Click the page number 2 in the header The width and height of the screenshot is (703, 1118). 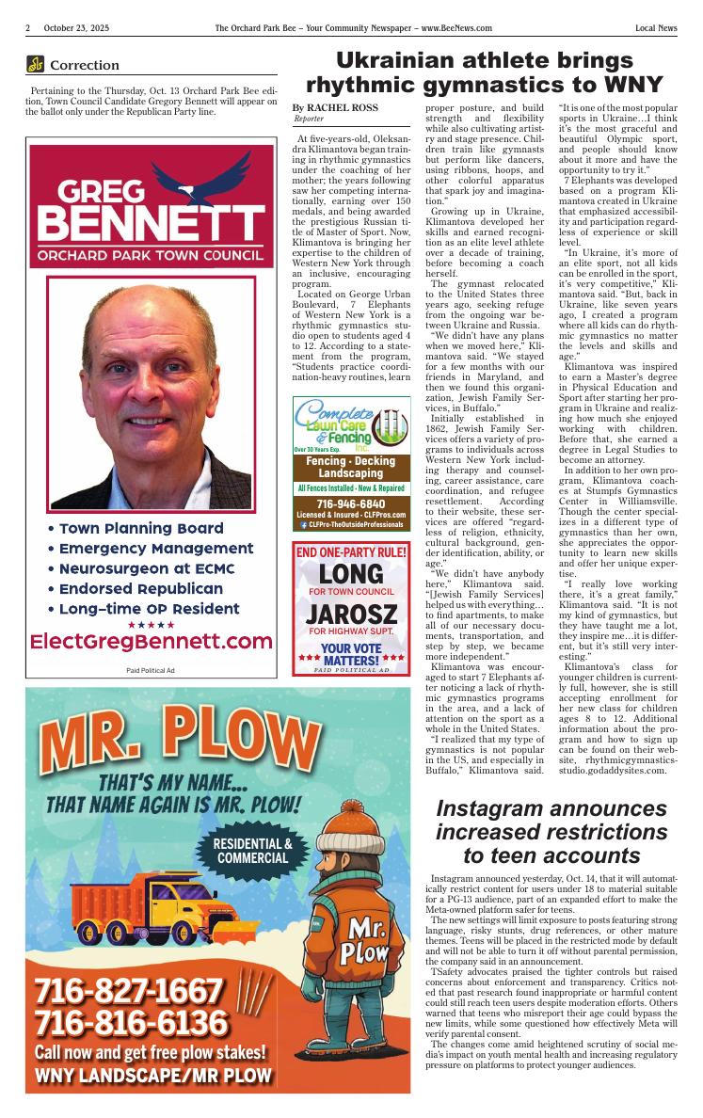pyautogui.click(x=28, y=29)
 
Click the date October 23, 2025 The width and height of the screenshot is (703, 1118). pyautogui.click(x=76, y=29)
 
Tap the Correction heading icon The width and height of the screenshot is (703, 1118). pyautogui.click(x=36, y=65)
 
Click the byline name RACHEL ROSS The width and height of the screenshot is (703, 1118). pyautogui.click(x=343, y=108)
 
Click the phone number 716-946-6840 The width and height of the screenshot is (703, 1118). pyautogui.click(x=351, y=503)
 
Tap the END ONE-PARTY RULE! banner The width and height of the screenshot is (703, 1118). pyautogui.click(x=351, y=552)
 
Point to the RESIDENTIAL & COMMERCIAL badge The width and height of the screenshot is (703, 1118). pyautogui.click(x=252, y=851)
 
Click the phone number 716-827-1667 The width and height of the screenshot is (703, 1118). pyautogui.click(x=129, y=992)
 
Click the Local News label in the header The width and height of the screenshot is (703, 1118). pyautogui.click(x=656, y=29)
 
